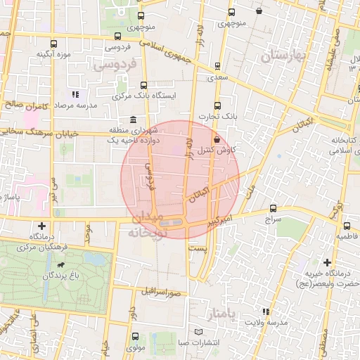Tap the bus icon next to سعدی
[217, 67]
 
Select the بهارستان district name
[285, 56]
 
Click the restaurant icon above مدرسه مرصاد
[75, 94]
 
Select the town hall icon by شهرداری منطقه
[134, 120]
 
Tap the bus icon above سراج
[273, 209]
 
